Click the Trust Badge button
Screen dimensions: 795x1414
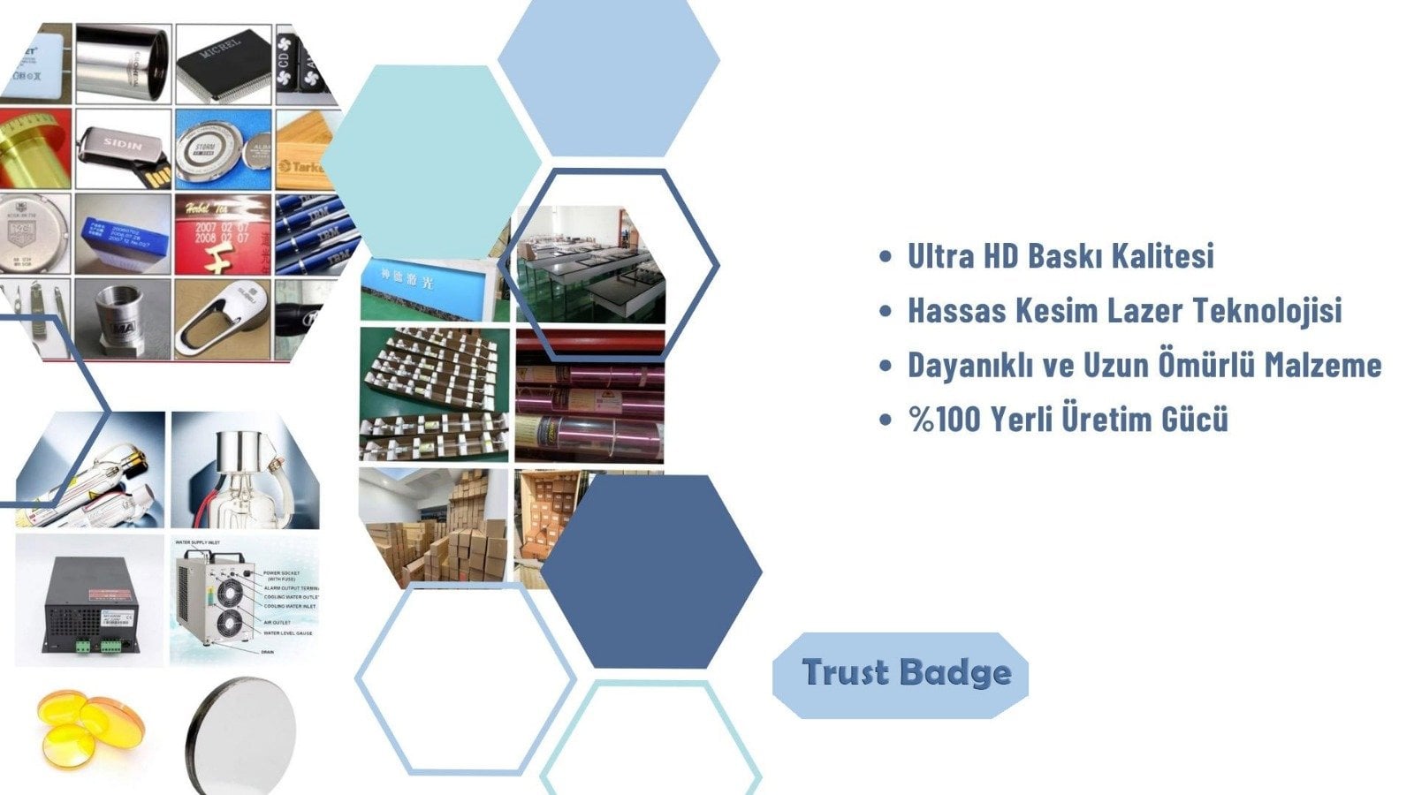(901, 674)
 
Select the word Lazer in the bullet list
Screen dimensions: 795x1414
(1144, 311)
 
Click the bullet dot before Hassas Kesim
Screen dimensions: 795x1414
(886, 311)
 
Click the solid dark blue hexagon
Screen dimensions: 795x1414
(651, 571)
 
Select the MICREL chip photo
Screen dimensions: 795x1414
(223, 62)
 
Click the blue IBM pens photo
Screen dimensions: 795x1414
(314, 234)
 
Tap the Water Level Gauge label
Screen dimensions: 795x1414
(288, 633)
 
